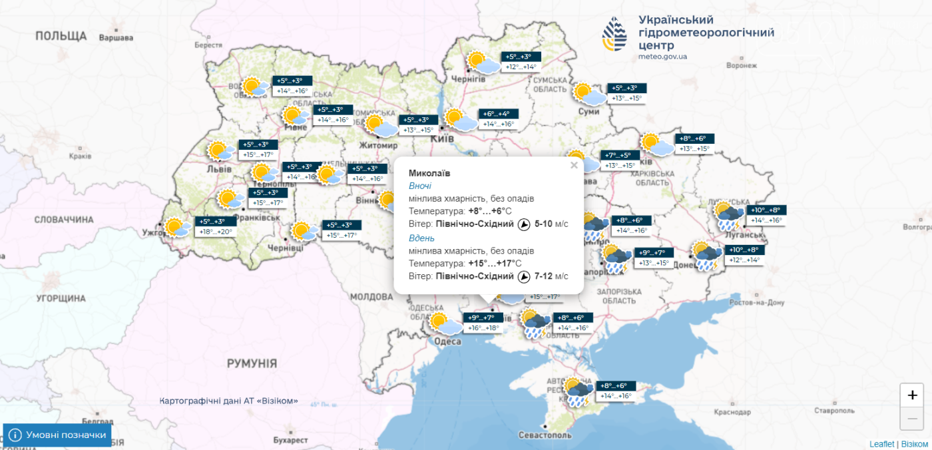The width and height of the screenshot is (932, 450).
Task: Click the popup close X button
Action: [574, 166]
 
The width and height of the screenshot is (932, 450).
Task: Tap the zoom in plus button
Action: [912, 395]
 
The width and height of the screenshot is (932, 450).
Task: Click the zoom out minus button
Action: [912, 418]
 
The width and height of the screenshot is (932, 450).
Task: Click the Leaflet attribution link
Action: [881, 444]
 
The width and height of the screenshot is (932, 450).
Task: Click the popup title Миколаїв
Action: [429, 173]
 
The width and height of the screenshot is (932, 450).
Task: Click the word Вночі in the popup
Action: [420, 186]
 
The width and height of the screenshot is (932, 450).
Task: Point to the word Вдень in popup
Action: [421, 238]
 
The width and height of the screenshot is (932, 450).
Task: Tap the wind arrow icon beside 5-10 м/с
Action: [524, 224]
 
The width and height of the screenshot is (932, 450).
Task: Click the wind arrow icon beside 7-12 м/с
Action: [524, 276]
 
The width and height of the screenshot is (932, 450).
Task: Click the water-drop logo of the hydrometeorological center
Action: [614, 35]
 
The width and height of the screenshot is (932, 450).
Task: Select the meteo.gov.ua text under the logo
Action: [662, 57]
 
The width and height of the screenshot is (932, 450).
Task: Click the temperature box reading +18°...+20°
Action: [216, 232]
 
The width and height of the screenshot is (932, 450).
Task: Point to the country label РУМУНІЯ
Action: [252, 363]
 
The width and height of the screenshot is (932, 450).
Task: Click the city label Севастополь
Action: [545, 435]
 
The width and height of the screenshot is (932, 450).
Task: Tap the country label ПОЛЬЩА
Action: [61, 35]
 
